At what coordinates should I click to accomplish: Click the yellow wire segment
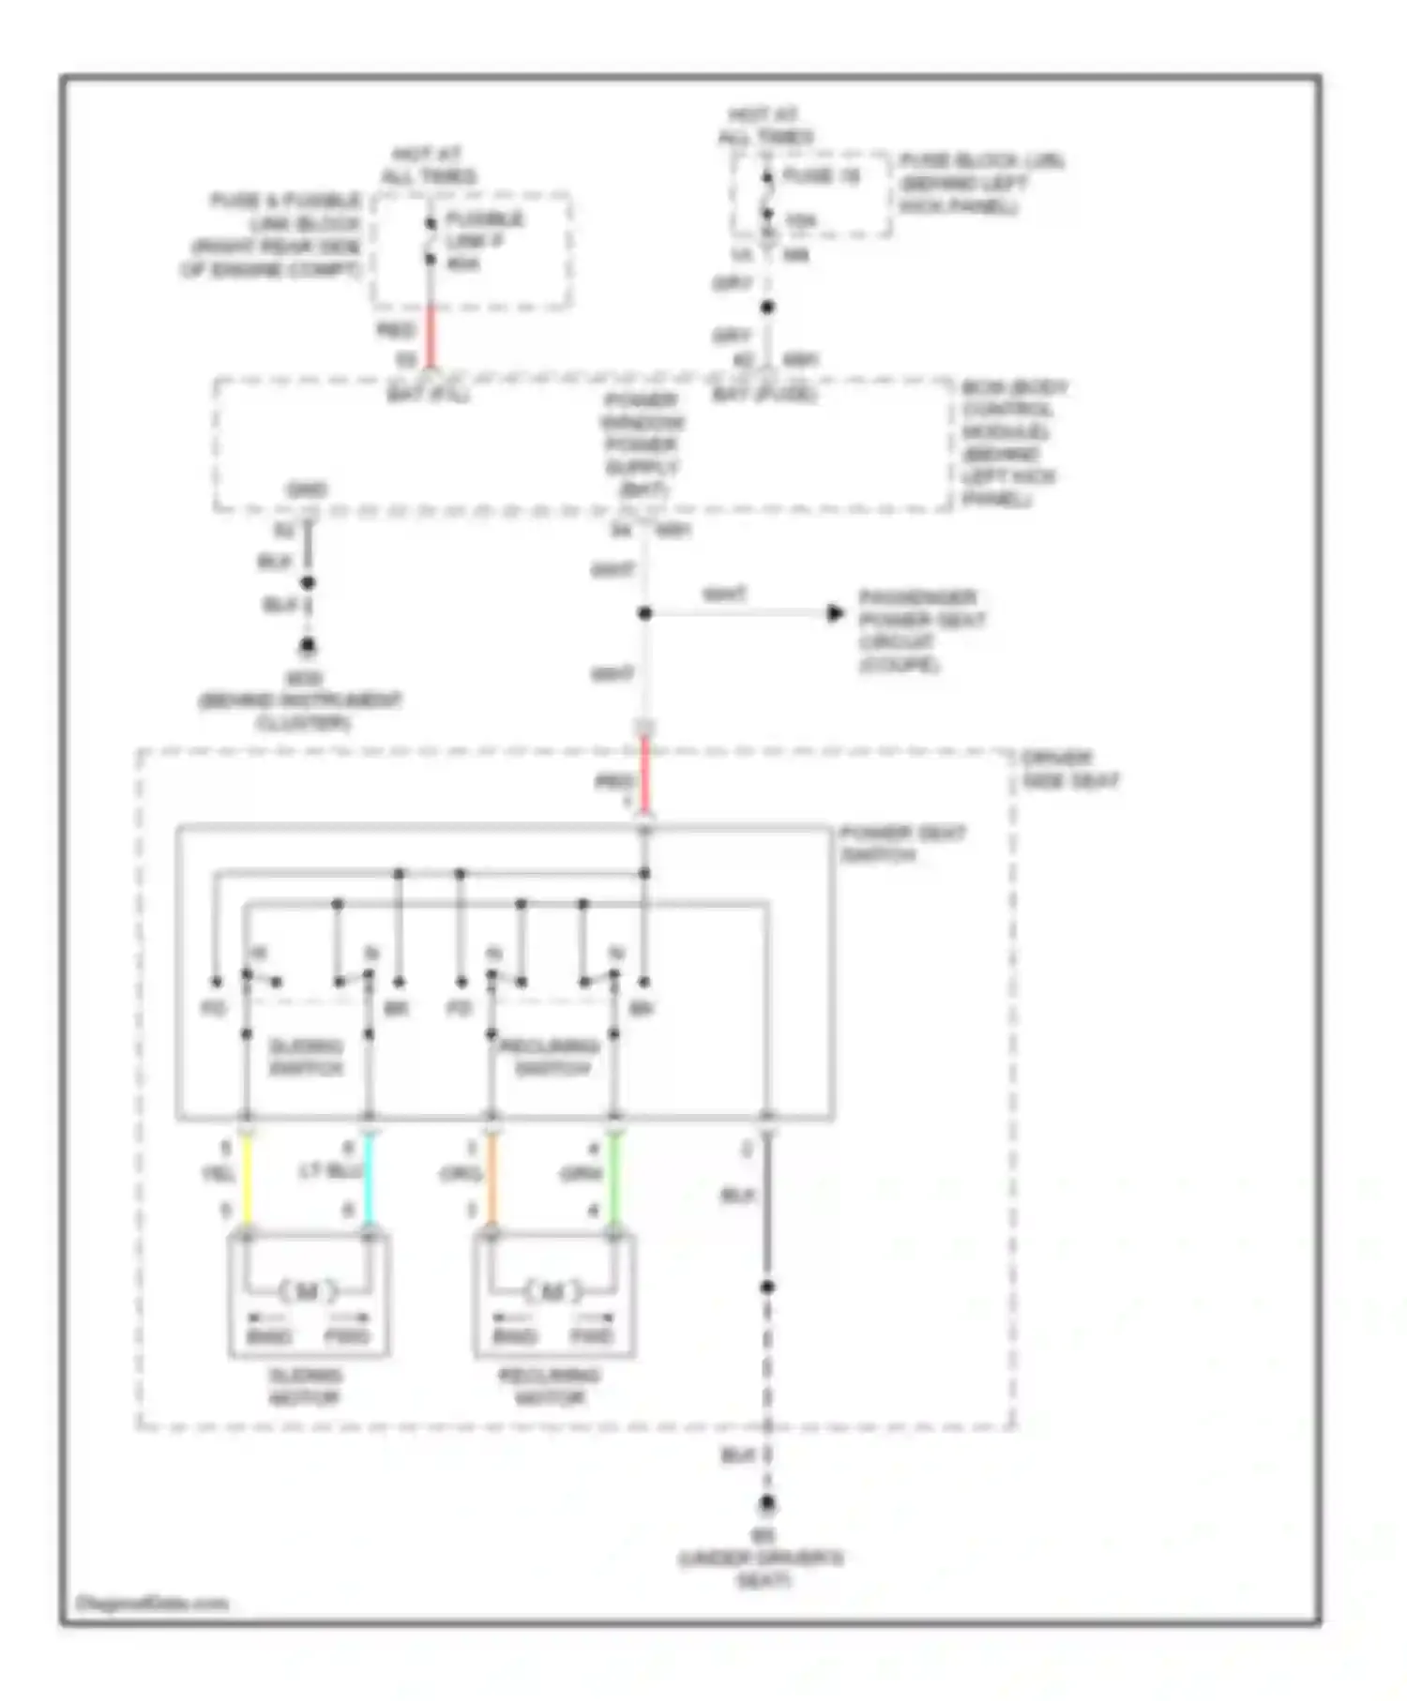(248, 1182)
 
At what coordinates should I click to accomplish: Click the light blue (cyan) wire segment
(369, 1182)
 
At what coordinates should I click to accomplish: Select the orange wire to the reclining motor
(492, 1182)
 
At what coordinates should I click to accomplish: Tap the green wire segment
(615, 1182)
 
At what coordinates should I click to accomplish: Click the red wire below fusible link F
(431, 336)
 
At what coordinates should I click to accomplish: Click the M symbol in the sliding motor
(308, 1292)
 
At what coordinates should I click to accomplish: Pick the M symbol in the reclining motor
(552, 1292)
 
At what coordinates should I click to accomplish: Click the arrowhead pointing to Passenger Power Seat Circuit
(836, 613)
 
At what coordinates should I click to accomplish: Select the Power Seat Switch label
(900, 844)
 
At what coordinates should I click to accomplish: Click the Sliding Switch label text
(306, 1057)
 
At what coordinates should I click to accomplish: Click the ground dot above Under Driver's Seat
(767, 1504)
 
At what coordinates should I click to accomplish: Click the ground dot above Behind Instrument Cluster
(307, 646)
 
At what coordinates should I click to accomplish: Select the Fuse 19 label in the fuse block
(821, 176)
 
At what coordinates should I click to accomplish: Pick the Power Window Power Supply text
(643, 444)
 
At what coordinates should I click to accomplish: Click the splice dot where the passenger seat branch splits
(644, 613)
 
